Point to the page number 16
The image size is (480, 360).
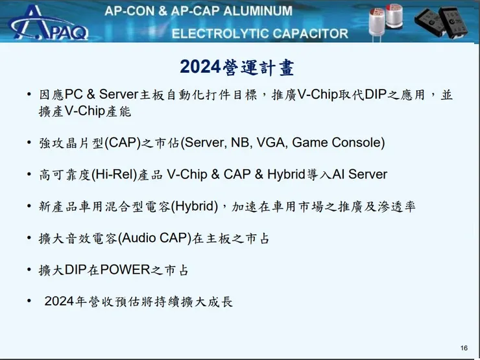[464, 348]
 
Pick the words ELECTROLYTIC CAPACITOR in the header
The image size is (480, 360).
[259, 33]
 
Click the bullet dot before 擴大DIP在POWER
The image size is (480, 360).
[30, 270]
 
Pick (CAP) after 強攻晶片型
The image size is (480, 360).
[117, 143]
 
